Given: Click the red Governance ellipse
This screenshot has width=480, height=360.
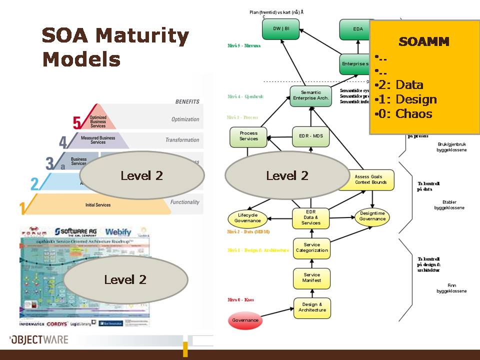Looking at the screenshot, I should click(245, 320).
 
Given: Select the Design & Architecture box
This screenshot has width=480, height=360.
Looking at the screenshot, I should click(312, 307).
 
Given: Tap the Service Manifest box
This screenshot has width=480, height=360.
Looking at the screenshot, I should click(312, 278).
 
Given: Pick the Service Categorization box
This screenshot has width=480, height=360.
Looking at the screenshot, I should click(312, 248).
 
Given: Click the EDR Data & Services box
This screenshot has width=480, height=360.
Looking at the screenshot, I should click(311, 217).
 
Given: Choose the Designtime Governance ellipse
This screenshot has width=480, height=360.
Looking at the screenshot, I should click(372, 216).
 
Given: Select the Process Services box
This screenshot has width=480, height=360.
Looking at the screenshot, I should click(248, 136).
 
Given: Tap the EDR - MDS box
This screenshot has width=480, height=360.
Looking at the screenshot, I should click(311, 136).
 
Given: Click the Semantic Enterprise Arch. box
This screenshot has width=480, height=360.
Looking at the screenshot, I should click(310, 95).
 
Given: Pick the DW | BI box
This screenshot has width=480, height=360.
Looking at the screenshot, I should click(281, 29).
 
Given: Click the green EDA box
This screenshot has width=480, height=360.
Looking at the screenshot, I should click(358, 29).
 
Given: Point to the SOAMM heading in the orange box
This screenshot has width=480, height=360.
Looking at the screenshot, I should click(423, 41).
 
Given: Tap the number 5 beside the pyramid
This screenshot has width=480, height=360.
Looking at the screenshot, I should click(77, 122).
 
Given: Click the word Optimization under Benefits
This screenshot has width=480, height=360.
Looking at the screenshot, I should click(185, 119).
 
